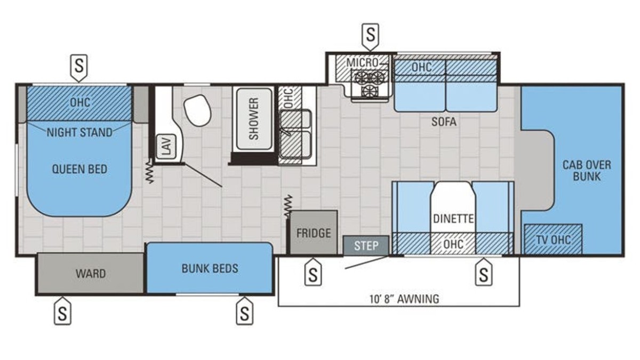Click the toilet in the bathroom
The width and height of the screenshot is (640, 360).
click(197, 110)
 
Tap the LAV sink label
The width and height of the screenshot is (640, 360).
click(166, 146)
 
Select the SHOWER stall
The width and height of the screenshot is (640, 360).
click(254, 119)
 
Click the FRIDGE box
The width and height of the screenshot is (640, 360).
click(314, 233)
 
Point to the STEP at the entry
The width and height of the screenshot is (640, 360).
click(366, 245)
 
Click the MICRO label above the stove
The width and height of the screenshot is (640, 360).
click(362, 62)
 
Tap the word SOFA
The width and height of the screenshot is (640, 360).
click(444, 122)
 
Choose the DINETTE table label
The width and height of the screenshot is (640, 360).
click(453, 219)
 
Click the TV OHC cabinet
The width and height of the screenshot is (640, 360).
click(553, 239)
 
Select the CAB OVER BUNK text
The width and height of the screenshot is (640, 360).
click(587, 171)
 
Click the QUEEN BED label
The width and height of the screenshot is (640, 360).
click(79, 169)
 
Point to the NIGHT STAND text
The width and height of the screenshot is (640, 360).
click(79, 132)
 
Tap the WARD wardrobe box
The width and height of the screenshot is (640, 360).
click(91, 274)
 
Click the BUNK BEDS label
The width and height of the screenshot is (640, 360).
click(210, 268)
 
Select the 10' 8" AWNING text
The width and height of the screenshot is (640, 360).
click(404, 299)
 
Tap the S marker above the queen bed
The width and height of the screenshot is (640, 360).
click(79, 67)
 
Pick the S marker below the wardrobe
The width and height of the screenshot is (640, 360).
click(62, 311)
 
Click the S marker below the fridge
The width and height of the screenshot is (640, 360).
click(313, 273)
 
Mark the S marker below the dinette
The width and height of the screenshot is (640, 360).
click(483, 273)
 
